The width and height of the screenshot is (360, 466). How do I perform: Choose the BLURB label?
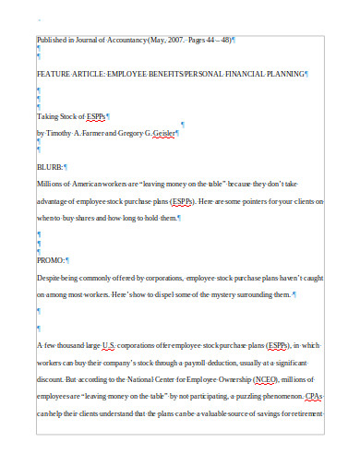[50, 166]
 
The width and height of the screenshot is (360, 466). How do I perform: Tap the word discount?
[53, 378]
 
